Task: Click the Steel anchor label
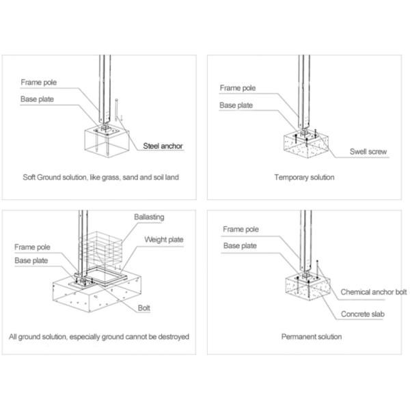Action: coord(163,146)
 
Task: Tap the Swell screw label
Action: coord(368,152)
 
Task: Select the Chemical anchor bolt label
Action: coord(374,292)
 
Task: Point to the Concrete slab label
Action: coord(363,314)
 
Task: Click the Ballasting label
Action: coord(149,217)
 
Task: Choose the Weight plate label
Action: coord(164,240)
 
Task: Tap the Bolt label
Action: coord(143,308)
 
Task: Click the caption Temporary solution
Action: coord(304,177)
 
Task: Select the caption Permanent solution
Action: coord(312,336)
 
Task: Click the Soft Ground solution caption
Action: coord(100,177)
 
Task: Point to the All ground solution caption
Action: coord(99,336)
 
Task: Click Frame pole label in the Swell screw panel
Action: coord(238,88)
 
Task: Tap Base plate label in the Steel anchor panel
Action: coord(37,99)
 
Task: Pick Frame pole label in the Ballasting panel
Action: coord(32,247)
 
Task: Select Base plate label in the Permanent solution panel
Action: coord(240,246)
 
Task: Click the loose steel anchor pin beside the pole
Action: coord(116,110)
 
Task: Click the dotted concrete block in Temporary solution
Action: coord(306,146)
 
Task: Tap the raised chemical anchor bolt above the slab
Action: coord(317,269)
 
